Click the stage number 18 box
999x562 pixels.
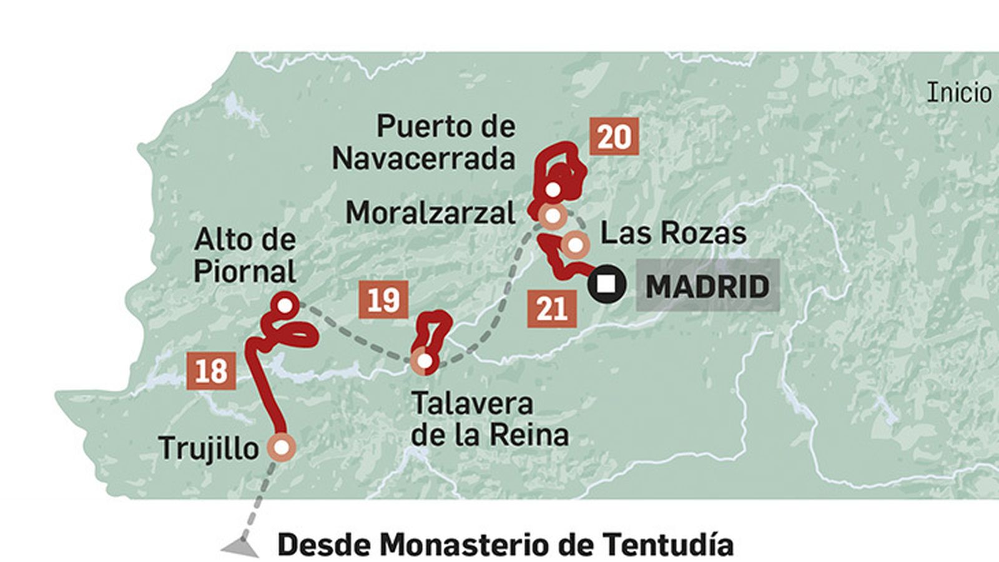[211, 371]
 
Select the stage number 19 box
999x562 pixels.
[383, 300]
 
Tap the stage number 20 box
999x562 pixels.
[614, 136]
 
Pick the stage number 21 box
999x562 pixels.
[551, 308]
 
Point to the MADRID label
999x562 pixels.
[707, 287]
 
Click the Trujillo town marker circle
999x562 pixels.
[281, 447]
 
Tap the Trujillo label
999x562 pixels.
[209, 448]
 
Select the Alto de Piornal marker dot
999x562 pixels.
[285, 305]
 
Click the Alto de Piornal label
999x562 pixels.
[245, 255]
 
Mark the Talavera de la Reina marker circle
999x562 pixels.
[425, 361]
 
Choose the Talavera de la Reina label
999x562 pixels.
[490, 419]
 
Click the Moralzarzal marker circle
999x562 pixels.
[553, 216]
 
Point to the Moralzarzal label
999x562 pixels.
[430, 213]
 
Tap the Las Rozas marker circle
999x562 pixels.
[574, 245]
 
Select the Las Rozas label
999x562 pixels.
[673, 233]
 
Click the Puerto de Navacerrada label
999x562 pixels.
[424, 143]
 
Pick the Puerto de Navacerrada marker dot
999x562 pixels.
[553, 189]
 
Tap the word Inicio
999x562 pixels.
[959, 93]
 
